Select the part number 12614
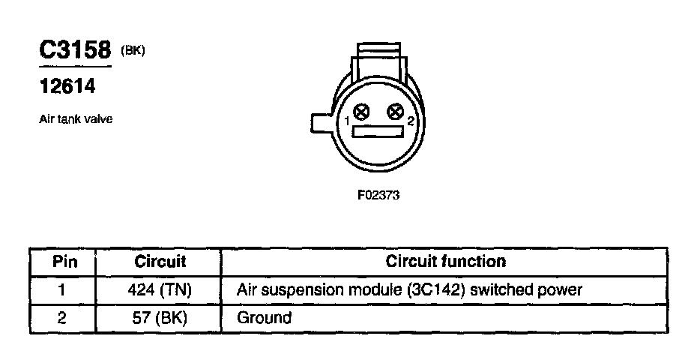(x=67, y=87)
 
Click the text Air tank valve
(x=75, y=119)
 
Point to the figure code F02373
(x=379, y=197)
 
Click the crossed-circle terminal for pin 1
(x=361, y=113)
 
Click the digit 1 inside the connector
(x=348, y=121)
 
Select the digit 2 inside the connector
(x=410, y=121)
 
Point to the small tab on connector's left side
(x=321, y=121)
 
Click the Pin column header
(x=62, y=262)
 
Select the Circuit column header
(x=160, y=262)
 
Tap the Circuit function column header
(x=445, y=262)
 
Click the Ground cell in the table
(x=264, y=317)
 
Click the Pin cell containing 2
(x=62, y=317)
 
